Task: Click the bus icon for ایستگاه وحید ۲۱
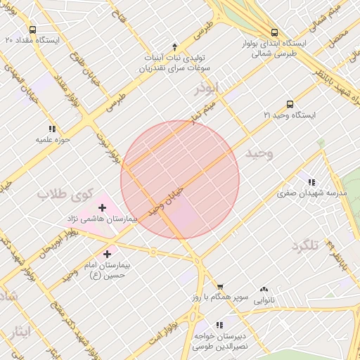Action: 290,103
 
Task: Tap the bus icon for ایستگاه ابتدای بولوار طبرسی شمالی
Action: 274,32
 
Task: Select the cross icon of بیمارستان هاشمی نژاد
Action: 103,207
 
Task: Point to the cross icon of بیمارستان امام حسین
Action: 107,254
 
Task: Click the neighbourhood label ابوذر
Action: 207,89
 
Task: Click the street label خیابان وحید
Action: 166,201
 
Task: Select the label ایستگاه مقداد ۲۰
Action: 32,39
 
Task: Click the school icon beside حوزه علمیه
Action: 52,129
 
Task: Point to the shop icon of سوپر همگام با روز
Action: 220,287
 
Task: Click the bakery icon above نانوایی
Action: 264,289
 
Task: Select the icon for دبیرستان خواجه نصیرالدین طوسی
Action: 219,325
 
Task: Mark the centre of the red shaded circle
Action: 180,179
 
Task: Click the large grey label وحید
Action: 259,153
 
